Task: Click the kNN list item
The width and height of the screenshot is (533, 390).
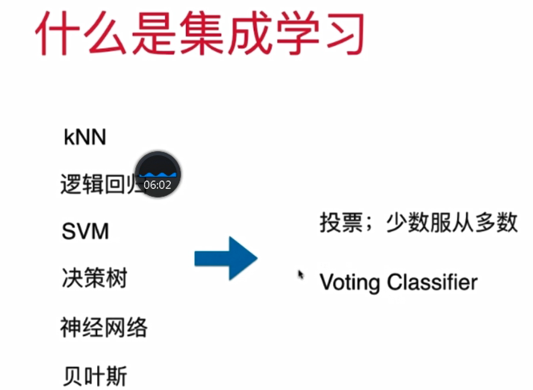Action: [84, 138]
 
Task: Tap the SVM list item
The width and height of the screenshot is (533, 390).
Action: [85, 232]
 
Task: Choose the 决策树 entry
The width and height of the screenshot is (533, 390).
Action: [94, 279]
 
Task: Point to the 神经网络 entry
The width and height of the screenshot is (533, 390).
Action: [103, 327]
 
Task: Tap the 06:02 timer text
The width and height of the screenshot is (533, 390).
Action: [157, 185]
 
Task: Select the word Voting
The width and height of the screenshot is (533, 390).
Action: [349, 282]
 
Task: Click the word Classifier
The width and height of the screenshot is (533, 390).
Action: [432, 282]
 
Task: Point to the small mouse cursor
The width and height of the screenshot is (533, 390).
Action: [301, 274]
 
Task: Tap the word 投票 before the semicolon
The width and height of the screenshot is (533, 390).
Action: [339, 223]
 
